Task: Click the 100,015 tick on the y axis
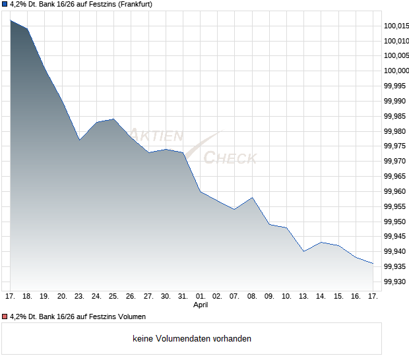point(396,26)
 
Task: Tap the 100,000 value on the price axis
point(396,71)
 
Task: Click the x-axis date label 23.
point(79,296)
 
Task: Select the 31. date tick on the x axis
point(183,296)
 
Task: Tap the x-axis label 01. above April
point(201,296)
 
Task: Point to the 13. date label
point(304,296)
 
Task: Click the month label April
point(201,305)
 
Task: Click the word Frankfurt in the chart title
point(131,5)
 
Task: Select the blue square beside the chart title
point(4,5)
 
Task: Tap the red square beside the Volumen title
point(4,317)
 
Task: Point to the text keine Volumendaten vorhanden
point(191,339)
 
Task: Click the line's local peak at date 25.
point(113,119)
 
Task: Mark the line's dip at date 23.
point(79,140)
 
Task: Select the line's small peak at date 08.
point(253,197)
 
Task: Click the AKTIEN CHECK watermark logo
point(191,146)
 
